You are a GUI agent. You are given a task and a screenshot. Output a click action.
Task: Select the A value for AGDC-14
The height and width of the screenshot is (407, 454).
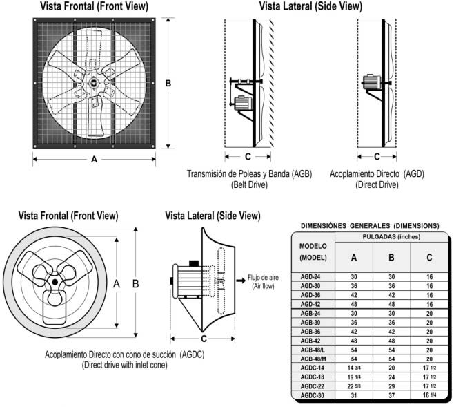coord(353,368)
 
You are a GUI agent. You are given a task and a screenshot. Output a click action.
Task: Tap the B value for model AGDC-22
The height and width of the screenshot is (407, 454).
coord(391,386)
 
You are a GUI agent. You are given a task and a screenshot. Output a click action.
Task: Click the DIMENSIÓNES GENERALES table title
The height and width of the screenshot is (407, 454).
coord(370,225)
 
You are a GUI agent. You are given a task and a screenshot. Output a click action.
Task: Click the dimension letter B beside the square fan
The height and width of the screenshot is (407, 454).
coord(169,83)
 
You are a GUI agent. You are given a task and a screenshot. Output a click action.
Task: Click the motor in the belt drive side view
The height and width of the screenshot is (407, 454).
coord(243,104)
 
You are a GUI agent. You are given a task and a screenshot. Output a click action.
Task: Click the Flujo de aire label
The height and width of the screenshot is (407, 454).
coord(261,278)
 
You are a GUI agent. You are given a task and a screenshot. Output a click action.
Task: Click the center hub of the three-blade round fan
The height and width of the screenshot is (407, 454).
coord(55,283)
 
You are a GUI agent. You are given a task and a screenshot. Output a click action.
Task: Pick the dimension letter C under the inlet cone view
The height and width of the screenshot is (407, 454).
coord(204,339)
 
